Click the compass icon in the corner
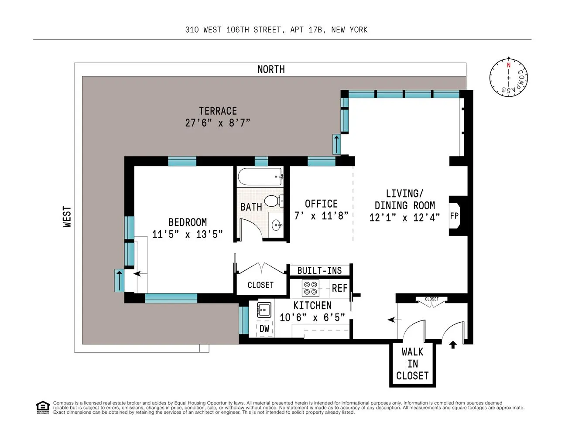pyautogui.click(x=508, y=78)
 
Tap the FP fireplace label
pyautogui.click(x=454, y=216)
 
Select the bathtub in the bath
pyautogui.click(x=260, y=177)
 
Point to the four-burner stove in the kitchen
pyautogui.click(x=310, y=288)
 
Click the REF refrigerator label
pyautogui.click(x=339, y=288)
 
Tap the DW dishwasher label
pyautogui.click(x=264, y=329)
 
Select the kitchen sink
pyautogui.click(x=264, y=310)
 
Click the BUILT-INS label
pyautogui.click(x=319, y=270)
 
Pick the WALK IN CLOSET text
pyautogui.click(x=412, y=364)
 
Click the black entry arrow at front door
pyautogui.click(x=453, y=345)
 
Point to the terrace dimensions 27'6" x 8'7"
pyautogui.click(x=218, y=123)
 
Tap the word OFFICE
pyautogui.click(x=321, y=204)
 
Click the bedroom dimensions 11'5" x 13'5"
pyautogui.click(x=187, y=234)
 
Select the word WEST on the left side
pyautogui.click(x=67, y=217)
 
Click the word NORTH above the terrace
pyautogui.click(x=271, y=69)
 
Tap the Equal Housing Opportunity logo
pyautogui.click(x=43, y=407)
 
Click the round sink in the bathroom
pyautogui.click(x=277, y=225)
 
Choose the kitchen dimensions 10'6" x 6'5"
pyautogui.click(x=312, y=317)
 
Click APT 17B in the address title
pyautogui.click(x=308, y=30)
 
